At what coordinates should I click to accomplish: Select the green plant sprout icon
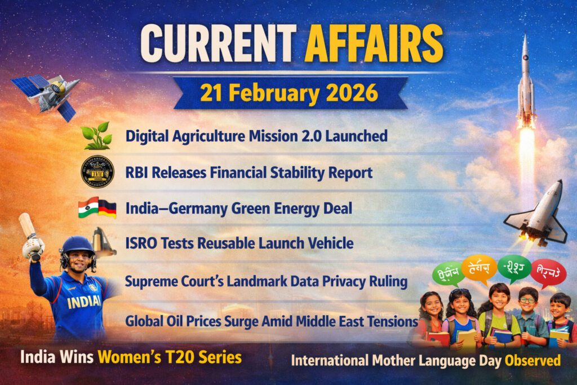(96, 135)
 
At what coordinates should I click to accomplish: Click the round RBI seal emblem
(97, 171)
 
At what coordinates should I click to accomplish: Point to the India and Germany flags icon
(97, 207)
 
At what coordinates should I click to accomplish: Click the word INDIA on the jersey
(85, 302)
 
